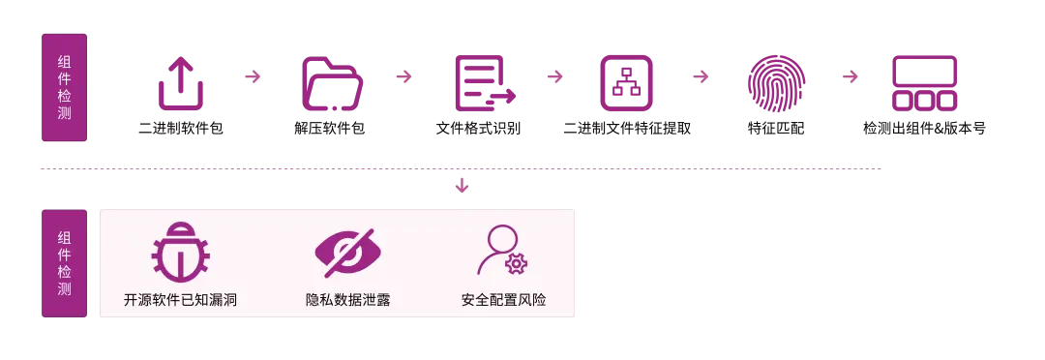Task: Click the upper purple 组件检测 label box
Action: coord(64,89)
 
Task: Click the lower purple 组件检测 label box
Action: coord(64,262)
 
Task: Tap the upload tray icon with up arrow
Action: coord(181,84)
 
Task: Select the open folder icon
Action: coord(332,84)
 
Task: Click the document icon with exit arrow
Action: coord(482,84)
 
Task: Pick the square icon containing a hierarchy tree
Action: coord(627,84)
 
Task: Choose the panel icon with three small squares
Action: coord(924,84)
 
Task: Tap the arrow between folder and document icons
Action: coord(406,75)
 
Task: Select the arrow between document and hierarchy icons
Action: coord(554,75)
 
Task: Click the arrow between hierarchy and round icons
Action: coord(701,75)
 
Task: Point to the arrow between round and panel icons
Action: coord(850,75)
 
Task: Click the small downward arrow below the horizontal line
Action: coord(463,185)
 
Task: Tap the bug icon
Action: coord(180,251)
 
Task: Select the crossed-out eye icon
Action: coord(347,251)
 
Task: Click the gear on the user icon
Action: coord(517,263)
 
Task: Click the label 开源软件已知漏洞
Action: coord(180,300)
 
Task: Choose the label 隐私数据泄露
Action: coord(347,300)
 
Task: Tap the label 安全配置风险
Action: coord(503,300)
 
